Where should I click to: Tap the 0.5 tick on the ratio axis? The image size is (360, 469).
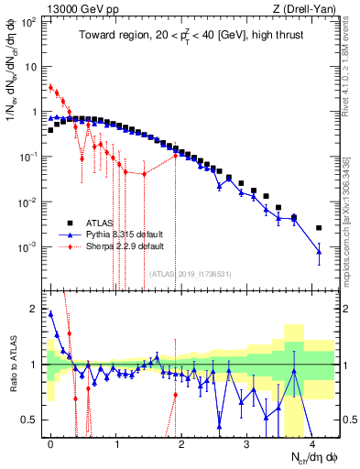tap(35, 420)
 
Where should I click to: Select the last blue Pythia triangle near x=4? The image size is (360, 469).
tap(319, 251)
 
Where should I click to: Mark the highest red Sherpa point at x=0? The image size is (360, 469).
tap(51, 88)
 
